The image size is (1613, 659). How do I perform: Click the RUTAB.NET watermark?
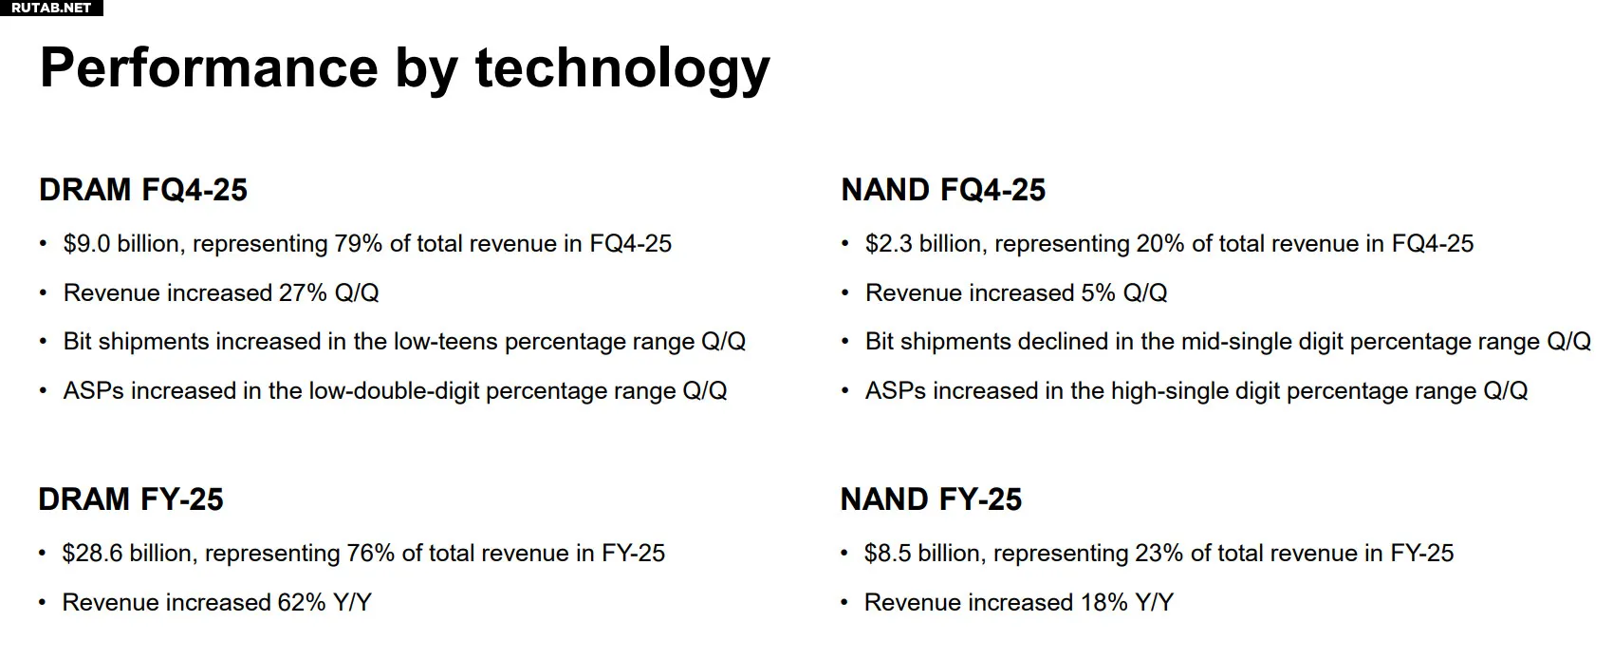51,8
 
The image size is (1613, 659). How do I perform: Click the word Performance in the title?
209,67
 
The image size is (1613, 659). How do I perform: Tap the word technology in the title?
622,70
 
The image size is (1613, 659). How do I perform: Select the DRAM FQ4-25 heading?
143,190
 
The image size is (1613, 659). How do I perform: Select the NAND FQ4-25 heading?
943,190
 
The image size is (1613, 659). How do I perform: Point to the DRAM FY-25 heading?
131,499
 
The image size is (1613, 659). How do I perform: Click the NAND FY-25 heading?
931,499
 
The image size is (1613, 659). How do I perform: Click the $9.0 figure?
86,244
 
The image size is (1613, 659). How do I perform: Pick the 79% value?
358,244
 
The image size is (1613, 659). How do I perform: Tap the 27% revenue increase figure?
304,292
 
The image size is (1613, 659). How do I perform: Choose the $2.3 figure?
889,244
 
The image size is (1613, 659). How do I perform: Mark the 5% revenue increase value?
1098,292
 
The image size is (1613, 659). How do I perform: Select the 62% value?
302,602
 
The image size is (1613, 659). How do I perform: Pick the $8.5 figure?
887,553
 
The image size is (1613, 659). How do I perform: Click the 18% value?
1103,602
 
